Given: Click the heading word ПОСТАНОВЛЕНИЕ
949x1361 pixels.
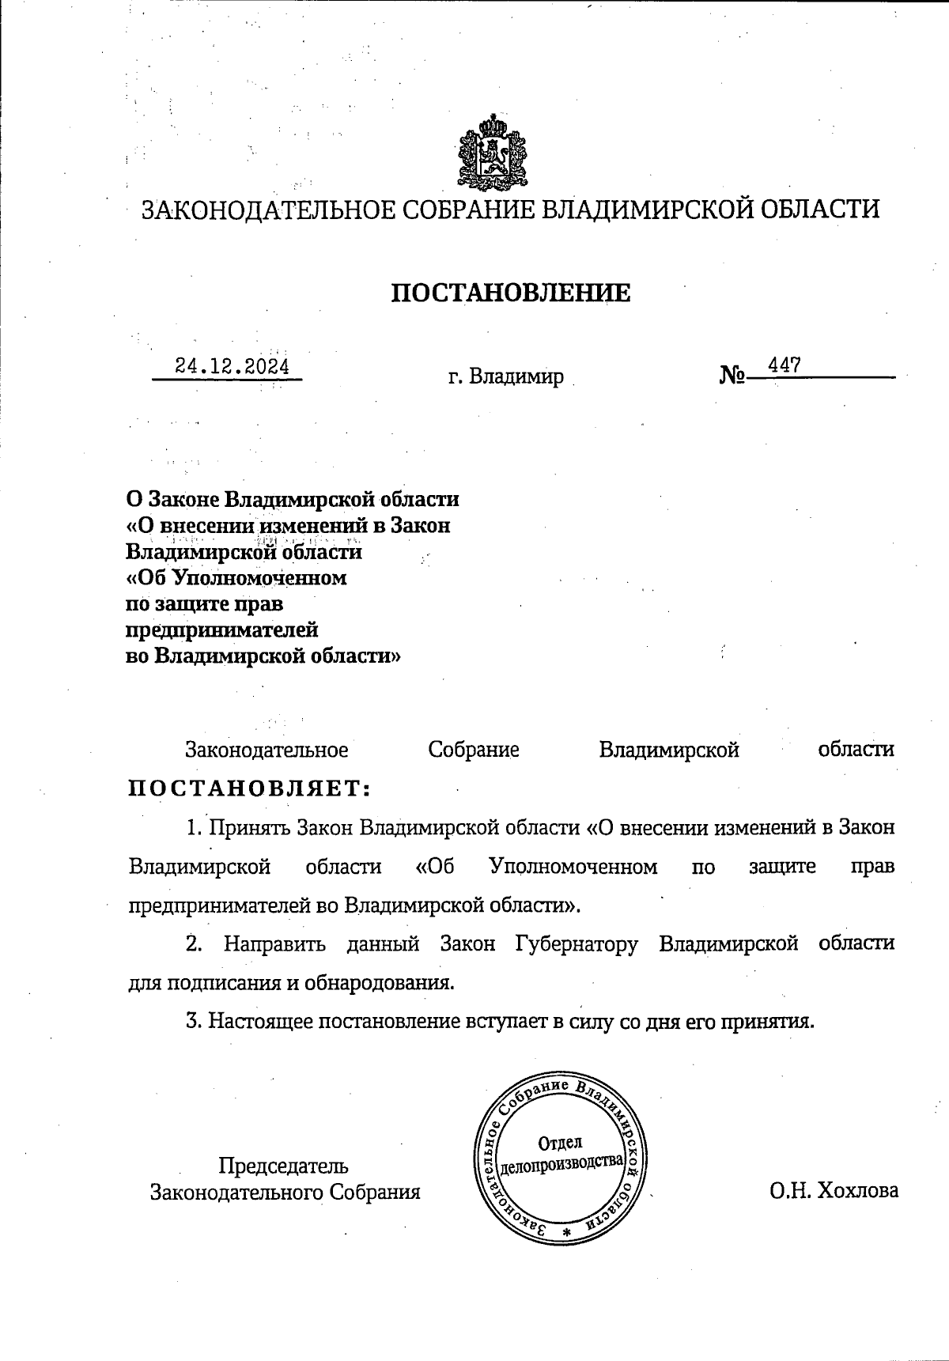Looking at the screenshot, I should [512, 293].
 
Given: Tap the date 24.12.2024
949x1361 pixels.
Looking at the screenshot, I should [232, 366].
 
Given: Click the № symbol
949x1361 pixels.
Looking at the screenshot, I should [732, 375].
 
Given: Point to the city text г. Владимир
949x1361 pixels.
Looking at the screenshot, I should [506, 376].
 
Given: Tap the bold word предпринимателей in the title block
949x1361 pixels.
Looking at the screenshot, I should [222, 629].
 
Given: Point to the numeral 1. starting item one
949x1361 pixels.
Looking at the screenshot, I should [195, 828].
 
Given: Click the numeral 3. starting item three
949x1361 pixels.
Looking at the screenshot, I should [194, 1021].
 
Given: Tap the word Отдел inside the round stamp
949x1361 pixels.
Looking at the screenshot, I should [560, 1142].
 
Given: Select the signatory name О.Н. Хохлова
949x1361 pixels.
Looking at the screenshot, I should [834, 1191].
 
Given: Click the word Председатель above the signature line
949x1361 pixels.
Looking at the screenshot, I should [283, 1166].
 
